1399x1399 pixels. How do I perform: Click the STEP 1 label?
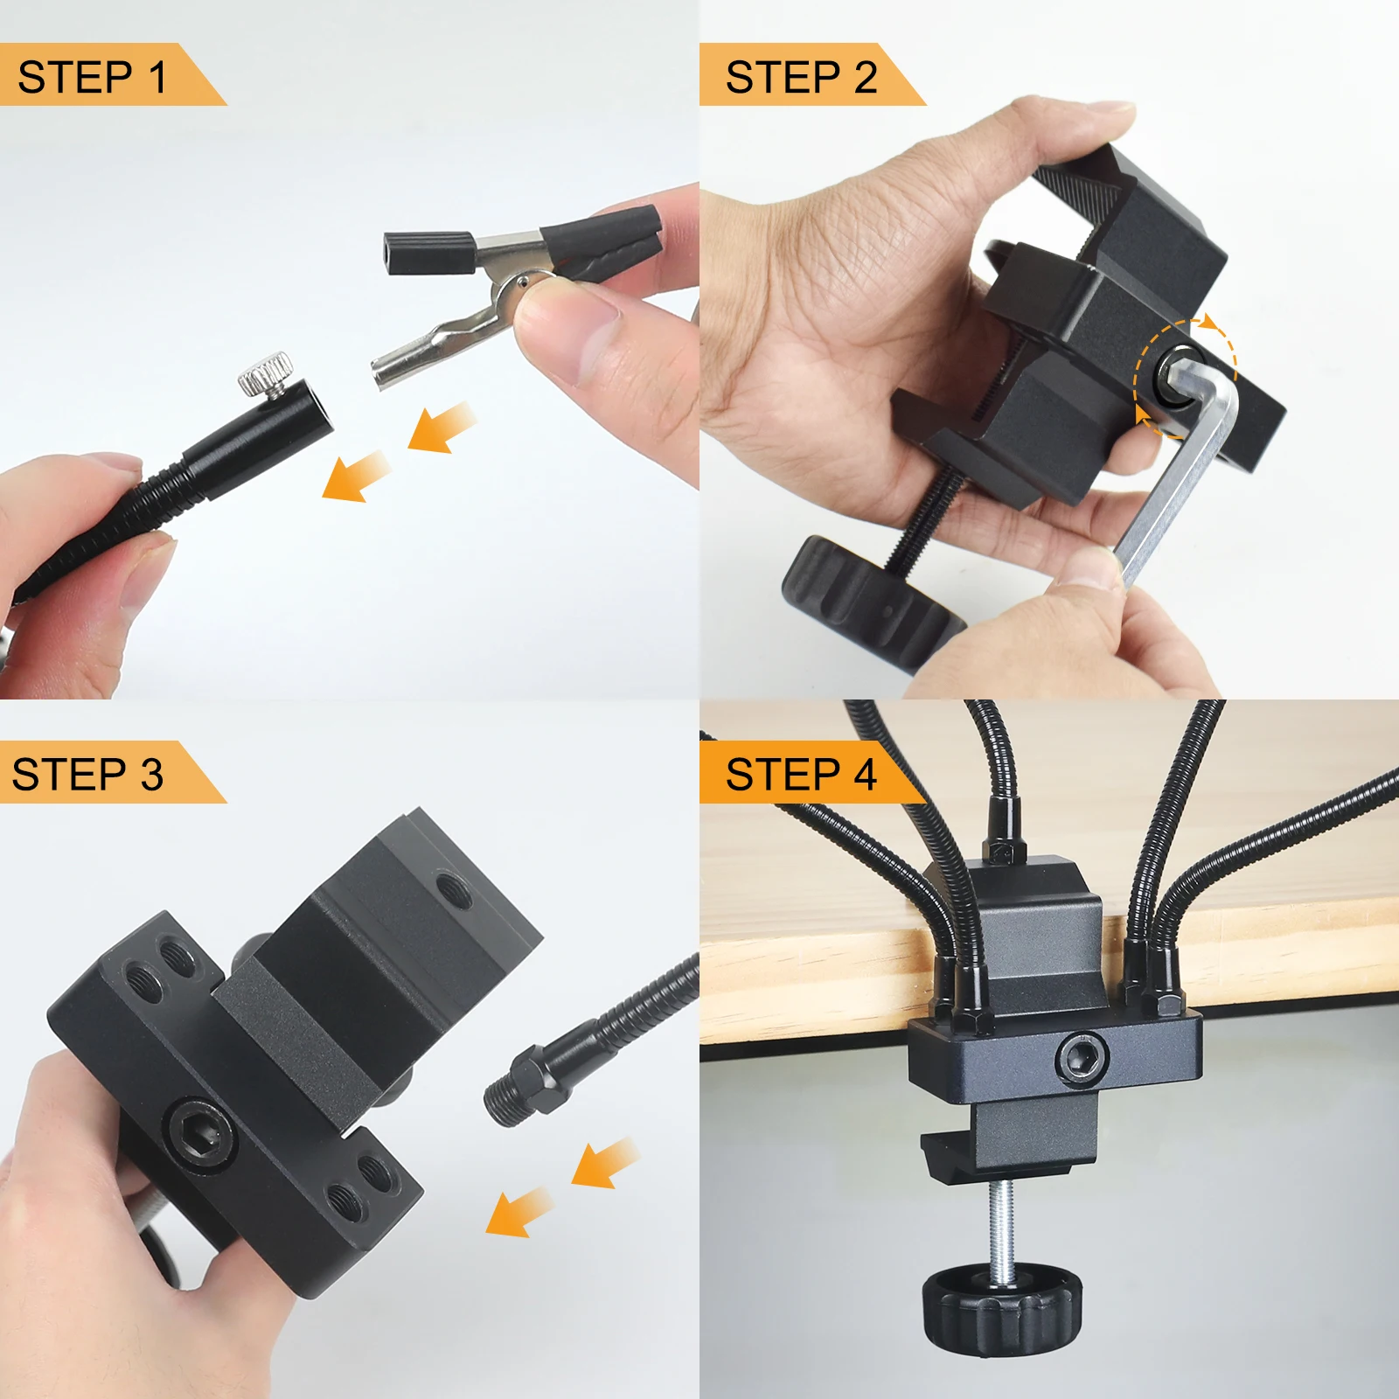pyautogui.click(x=92, y=77)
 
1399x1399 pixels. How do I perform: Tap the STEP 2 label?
pyautogui.click(x=801, y=77)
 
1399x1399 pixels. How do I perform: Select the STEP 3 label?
pyautogui.click(x=87, y=775)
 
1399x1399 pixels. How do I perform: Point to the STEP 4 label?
pyautogui.click(x=801, y=775)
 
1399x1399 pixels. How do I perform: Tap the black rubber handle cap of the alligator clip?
pyautogui.click(x=428, y=253)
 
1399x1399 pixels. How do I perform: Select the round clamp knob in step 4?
pyautogui.click(x=1001, y=1309)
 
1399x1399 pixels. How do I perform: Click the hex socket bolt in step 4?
pyautogui.click(x=1082, y=1057)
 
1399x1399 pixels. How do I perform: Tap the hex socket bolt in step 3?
pyautogui.click(x=201, y=1135)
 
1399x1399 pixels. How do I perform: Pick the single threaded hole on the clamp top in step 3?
pyautogui.click(x=453, y=891)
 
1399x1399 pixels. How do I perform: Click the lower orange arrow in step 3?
pyautogui.click(x=519, y=1212)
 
